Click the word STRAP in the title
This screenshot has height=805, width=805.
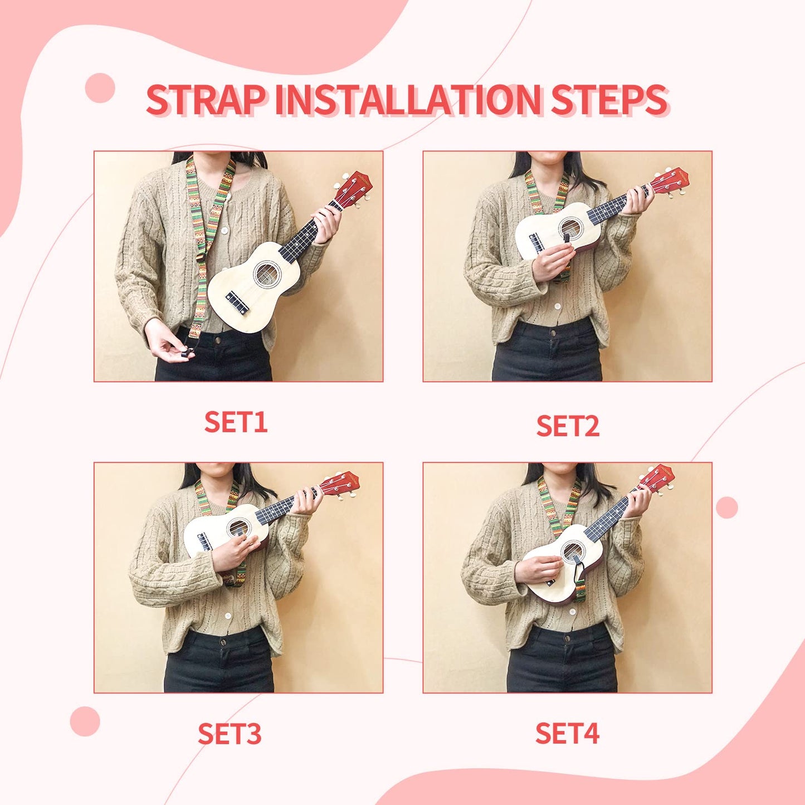(206, 100)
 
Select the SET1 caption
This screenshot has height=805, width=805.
(236, 422)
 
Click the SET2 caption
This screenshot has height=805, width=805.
(567, 426)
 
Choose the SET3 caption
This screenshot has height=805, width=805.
(230, 734)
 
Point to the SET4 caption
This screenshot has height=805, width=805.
(567, 733)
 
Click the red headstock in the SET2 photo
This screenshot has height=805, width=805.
(671, 181)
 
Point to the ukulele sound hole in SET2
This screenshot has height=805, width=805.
(569, 228)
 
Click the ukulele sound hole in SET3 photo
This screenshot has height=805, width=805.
(238, 527)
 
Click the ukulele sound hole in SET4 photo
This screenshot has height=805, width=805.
(573, 552)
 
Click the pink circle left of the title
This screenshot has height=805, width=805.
(100, 88)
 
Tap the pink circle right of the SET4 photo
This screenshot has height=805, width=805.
(726, 508)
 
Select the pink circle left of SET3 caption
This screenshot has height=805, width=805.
(85, 721)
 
